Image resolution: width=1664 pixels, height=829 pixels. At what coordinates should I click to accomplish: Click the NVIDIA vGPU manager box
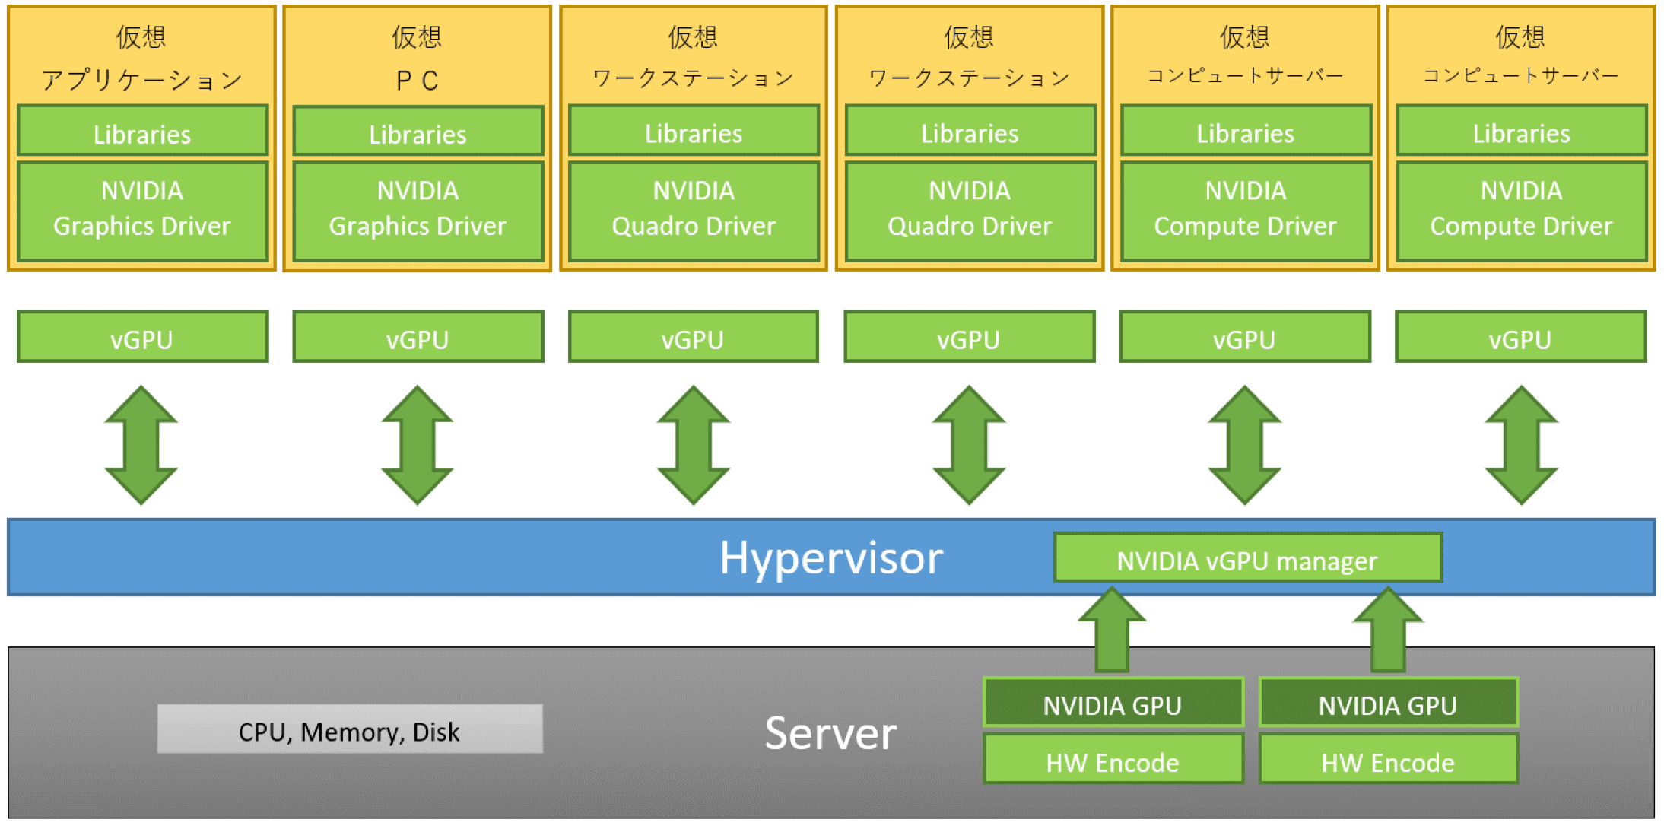[x=1247, y=559]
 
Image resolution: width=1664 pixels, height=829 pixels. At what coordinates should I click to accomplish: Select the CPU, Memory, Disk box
[x=350, y=730]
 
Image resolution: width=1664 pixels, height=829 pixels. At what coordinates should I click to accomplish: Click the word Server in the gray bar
[x=830, y=734]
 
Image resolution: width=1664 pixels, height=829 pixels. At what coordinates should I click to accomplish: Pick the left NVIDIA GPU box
[x=1113, y=704]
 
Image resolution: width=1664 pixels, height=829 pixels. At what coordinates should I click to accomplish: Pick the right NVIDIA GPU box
[x=1388, y=704]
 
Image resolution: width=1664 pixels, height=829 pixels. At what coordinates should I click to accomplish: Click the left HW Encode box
[x=1113, y=761]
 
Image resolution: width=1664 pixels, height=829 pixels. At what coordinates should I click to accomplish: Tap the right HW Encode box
[x=1388, y=761]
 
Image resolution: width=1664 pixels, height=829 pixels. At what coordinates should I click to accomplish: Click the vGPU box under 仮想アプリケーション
[x=142, y=338]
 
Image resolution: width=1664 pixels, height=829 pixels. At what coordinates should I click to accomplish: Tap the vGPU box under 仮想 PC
[x=418, y=338]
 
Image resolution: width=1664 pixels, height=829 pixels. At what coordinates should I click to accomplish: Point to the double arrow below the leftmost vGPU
[x=141, y=445]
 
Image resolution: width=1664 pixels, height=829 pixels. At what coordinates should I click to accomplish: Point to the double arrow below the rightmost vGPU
[x=1521, y=445]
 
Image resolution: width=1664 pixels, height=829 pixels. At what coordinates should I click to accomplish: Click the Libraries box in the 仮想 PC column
[x=418, y=133]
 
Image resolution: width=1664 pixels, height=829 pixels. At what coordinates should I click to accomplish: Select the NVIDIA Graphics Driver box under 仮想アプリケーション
[x=142, y=209]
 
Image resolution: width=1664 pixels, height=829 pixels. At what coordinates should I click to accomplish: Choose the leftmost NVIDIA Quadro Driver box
[x=694, y=209]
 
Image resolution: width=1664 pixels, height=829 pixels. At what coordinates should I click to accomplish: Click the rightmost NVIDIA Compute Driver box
[x=1521, y=209]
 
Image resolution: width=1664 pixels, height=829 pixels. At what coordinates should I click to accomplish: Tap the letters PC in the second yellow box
[x=418, y=80]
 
